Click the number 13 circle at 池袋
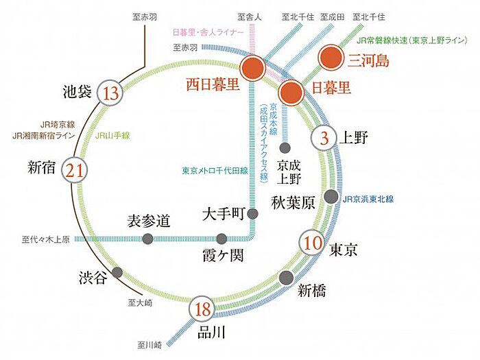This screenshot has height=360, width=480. [110, 93]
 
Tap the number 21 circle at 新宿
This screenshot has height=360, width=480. [75, 170]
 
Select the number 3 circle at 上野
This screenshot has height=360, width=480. [324, 138]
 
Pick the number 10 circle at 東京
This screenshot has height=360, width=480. [313, 243]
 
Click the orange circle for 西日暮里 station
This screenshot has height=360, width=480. [252, 68]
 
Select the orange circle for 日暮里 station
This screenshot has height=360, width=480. [291, 92]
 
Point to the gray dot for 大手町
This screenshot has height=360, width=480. [252, 213]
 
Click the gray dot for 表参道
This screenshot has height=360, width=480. [148, 239]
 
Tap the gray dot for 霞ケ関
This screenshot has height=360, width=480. [221, 239]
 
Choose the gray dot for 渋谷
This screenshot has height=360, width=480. [117, 272]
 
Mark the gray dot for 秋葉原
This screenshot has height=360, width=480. [331, 196]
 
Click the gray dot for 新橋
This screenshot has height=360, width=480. [287, 277]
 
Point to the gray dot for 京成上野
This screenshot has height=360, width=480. [285, 148]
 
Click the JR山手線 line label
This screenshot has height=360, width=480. [112, 136]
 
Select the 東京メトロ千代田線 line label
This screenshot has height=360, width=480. [215, 171]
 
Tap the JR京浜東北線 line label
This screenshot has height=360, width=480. [368, 200]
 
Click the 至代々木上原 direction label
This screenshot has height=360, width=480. [46, 239]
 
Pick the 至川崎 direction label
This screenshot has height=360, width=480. [149, 346]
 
